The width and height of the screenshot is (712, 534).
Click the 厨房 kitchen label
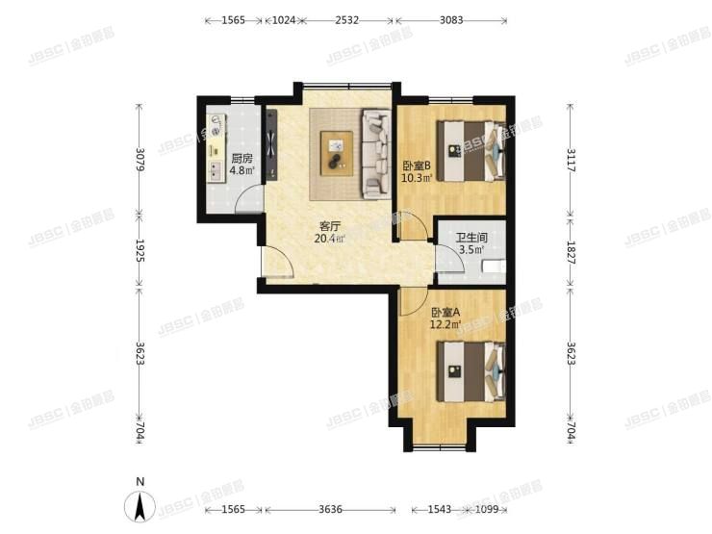click(242, 158)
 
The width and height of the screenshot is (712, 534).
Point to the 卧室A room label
click(445, 312)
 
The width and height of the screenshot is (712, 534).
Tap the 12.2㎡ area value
click(445, 325)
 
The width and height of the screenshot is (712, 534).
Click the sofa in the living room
click(373, 154)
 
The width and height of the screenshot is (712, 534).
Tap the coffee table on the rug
click(336, 152)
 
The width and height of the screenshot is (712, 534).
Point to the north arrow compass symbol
click(140, 505)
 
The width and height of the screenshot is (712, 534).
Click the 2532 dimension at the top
click(347, 20)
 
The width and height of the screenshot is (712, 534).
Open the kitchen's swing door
click(248, 201)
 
